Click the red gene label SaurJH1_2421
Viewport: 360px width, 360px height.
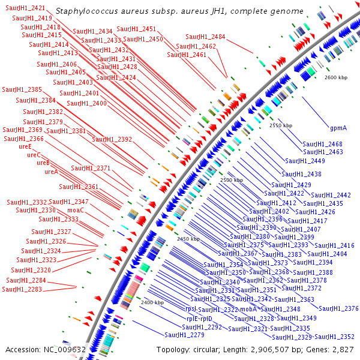click(25, 8)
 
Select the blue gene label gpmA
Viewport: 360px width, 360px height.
click(338, 128)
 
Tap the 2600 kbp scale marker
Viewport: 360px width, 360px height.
click(336, 77)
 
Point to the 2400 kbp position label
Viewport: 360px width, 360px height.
click(152, 302)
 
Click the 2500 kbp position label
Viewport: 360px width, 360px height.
click(232, 180)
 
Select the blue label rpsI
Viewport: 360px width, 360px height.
click(191, 309)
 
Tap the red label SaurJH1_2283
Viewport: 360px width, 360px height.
click(22, 289)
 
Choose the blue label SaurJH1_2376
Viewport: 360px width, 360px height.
click(338, 308)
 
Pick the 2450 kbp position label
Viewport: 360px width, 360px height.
click(188, 239)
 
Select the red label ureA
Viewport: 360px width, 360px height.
click(52, 172)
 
